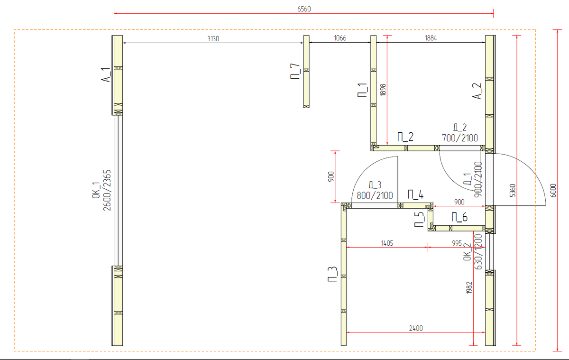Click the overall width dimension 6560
[304, 9]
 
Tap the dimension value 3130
[213, 38]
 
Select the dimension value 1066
[340, 38]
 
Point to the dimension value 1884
[431, 38]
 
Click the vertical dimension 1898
[383, 90]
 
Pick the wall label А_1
[106, 74]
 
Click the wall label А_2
[477, 91]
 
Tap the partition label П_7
[295, 71]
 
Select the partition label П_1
[362, 90]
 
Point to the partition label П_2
[405, 137]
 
